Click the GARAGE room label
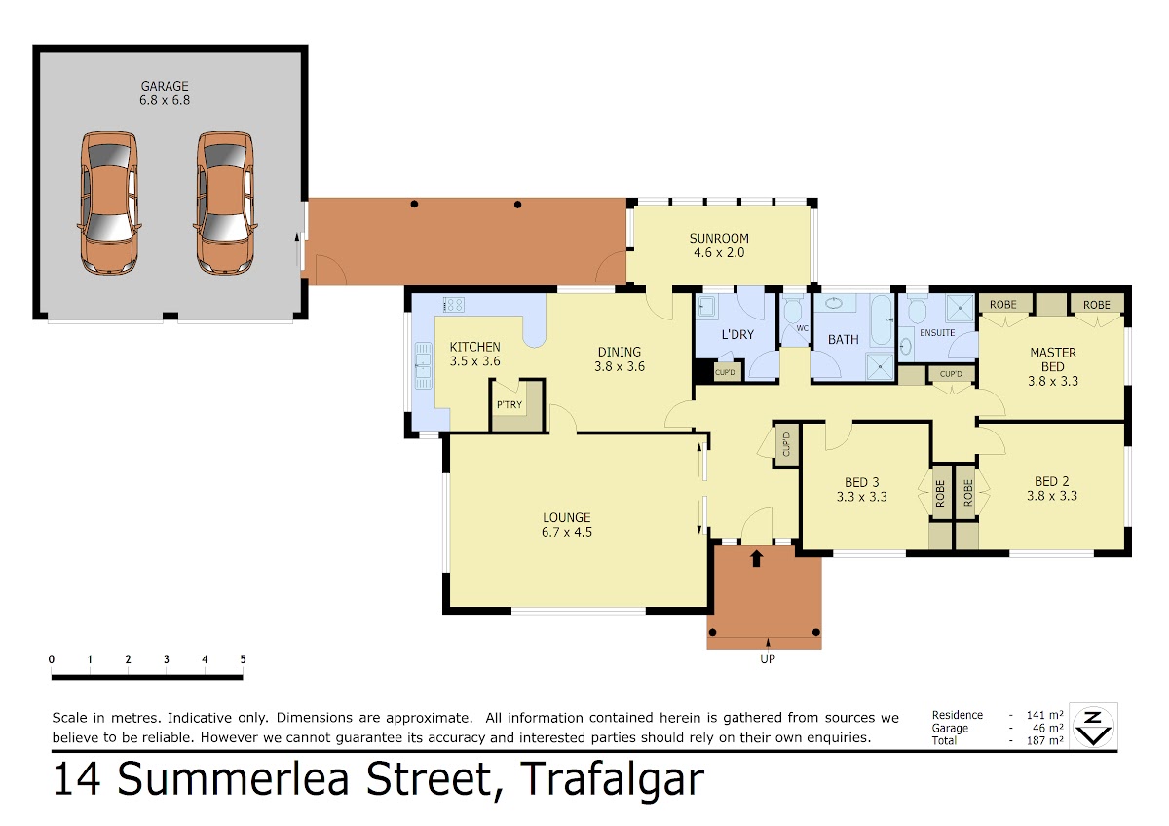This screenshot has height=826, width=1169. pos(165,86)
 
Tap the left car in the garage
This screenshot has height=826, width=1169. pos(109,203)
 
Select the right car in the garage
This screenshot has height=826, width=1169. pos(225,203)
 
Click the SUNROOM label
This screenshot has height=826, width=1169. pos(719,239)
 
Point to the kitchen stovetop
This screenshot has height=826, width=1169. pos(454,304)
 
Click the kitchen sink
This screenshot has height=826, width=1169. pos(423,365)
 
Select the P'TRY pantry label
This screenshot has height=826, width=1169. pos(509,404)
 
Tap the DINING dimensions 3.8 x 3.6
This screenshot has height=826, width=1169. pos(620,366)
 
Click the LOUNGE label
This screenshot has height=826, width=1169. pos(567,517)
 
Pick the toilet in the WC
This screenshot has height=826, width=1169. pos(793,310)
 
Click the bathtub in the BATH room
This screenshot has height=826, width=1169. pos(882,319)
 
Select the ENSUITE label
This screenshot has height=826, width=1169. pos(937,333)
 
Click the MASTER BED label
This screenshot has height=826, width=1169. pos(1053,359)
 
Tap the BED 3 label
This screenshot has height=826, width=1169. pos(861,482)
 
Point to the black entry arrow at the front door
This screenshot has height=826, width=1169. pos(757,558)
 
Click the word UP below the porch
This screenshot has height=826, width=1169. pos(768,659)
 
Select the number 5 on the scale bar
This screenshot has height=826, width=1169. pos(243,659)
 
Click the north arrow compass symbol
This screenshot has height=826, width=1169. pos(1093,727)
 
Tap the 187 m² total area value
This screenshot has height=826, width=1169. pos(1044,740)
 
